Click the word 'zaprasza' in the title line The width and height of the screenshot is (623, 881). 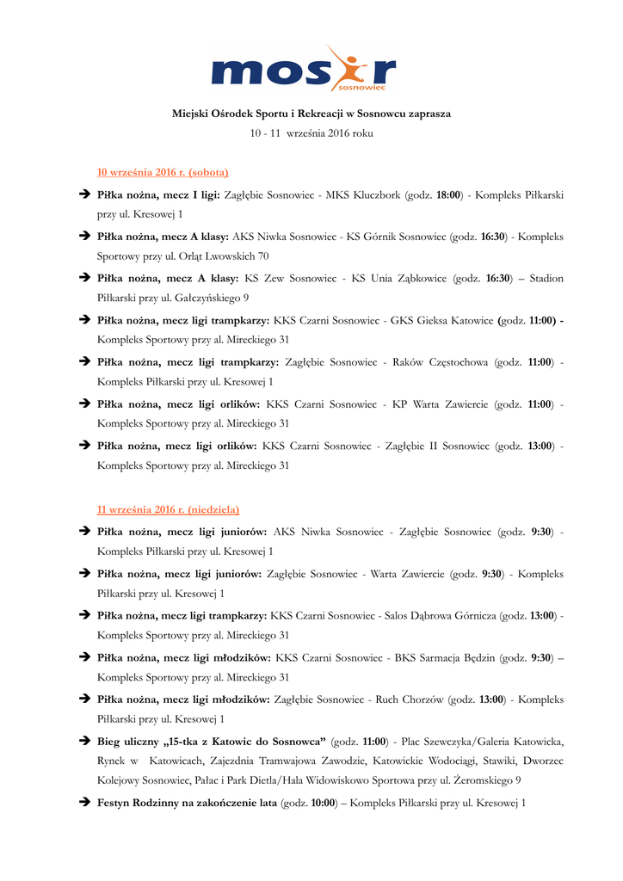(x=428, y=114)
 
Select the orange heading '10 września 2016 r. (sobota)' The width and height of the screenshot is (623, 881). (x=163, y=172)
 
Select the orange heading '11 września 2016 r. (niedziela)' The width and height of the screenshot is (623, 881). (x=168, y=509)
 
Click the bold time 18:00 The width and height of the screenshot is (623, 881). (x=447, y=195)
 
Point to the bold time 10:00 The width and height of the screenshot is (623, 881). (x=323, y=803)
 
